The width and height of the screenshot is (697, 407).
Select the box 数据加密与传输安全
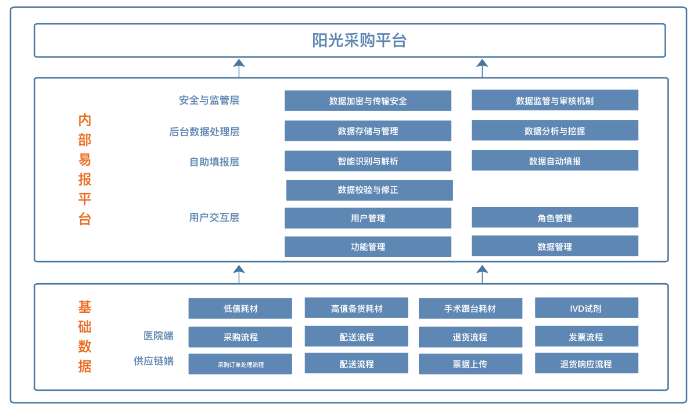coord(368,101)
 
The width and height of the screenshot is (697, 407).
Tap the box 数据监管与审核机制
coord(555,101)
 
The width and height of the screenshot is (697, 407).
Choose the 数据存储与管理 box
coord(368,131)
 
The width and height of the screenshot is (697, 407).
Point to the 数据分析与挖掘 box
coord(555,131)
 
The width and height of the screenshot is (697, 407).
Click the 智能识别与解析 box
coord(368,161)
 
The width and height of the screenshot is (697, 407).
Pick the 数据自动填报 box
coord(555,161)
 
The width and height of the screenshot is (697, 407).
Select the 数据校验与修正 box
coord(369,190)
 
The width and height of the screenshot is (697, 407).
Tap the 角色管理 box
coord(555,218)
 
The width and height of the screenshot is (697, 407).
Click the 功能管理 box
coord(368,247)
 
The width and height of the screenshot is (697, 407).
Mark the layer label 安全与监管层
coord(209,100)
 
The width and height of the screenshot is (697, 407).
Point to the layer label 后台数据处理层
coord(204,132)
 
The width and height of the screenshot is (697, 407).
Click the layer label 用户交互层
coord(214,218)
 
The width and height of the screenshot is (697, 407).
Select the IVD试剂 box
coord(586,308)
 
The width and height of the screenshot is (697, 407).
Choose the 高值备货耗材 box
coord(356,308)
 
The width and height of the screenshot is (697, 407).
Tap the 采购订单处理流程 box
coord(240,365)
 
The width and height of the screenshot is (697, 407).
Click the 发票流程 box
coord(586,337)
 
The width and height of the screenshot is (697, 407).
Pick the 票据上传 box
coord(470,365)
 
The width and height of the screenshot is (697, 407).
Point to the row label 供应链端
coord(153,361)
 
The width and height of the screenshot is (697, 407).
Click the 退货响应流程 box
coord(586,364)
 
